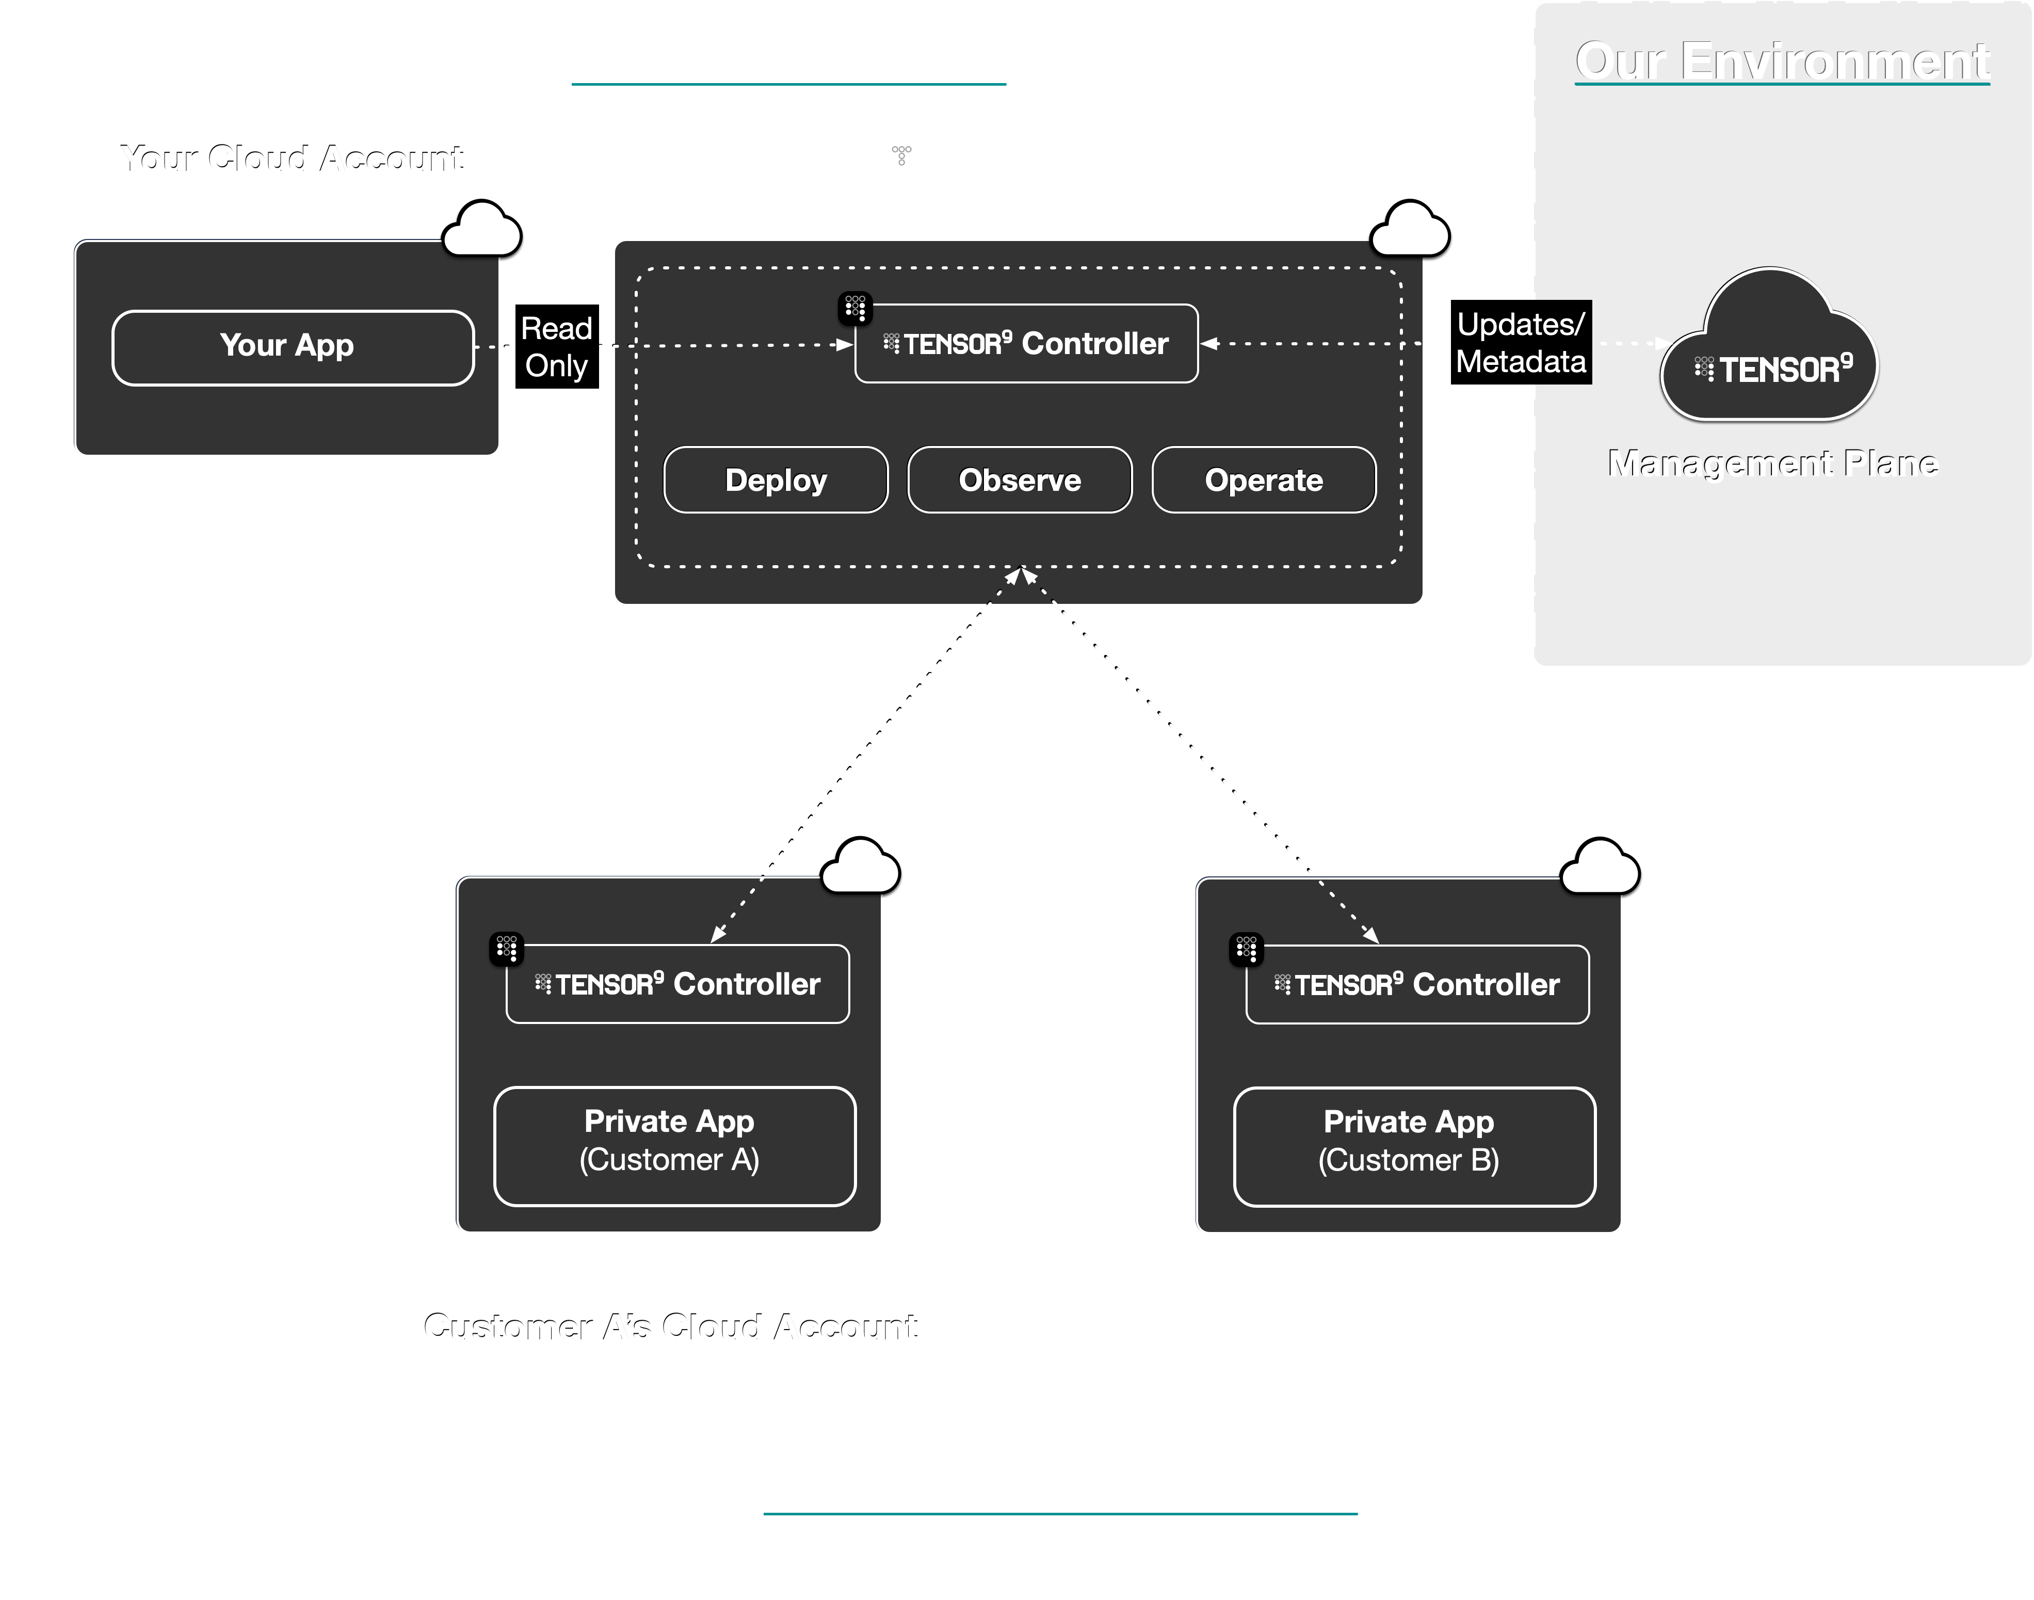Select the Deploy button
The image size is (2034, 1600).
click(776, 479)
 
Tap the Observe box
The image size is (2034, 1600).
click(1019, 479)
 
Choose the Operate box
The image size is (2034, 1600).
click(1263, 479)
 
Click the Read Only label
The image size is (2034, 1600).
click(556, 347)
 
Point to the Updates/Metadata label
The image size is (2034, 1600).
click(1521, 343)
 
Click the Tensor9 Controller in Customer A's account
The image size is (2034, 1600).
click(677, 984)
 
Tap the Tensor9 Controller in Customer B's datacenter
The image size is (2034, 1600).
click(1417, 984)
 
